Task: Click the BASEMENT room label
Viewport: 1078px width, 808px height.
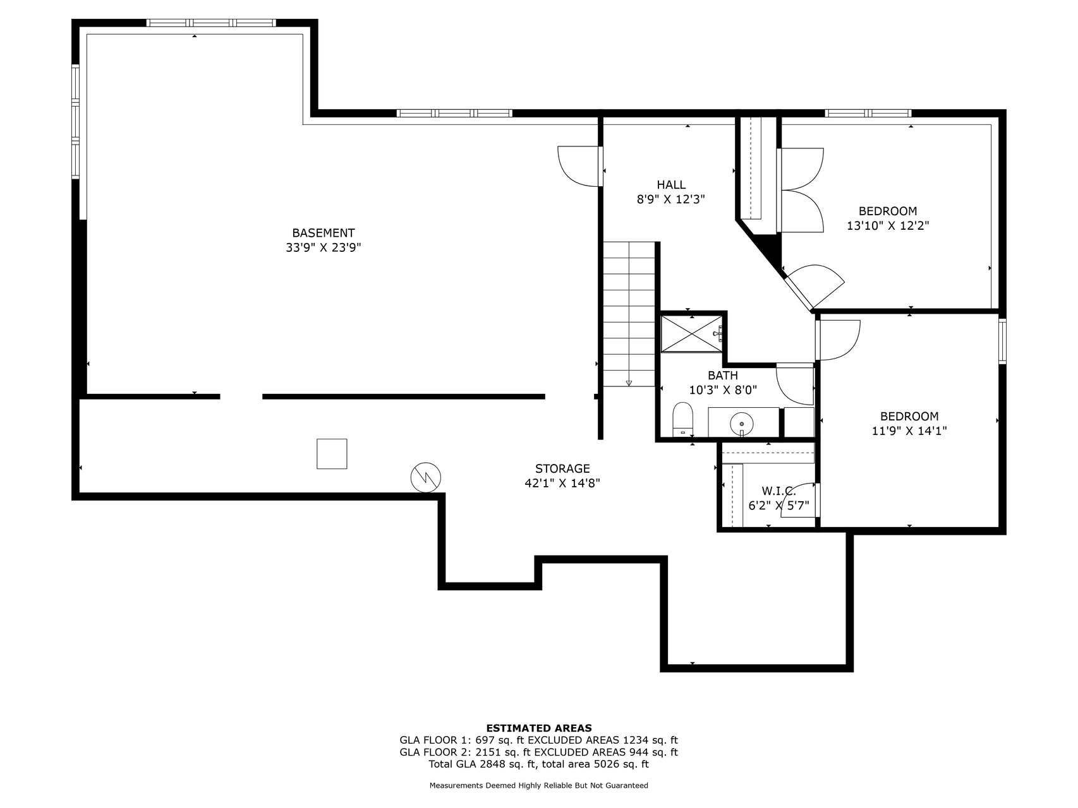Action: [323, 233]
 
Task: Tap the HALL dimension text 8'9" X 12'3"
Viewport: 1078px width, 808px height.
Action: [670, 199]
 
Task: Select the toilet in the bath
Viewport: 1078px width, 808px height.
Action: [682, 419]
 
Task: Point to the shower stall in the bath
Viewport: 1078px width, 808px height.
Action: [691, 333]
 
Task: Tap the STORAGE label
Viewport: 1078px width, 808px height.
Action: [562, 468]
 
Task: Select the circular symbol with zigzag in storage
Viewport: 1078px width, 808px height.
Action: [426, 477]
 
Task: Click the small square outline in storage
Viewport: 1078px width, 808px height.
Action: [332, 454]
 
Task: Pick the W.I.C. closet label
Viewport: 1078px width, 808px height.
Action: [778, 490]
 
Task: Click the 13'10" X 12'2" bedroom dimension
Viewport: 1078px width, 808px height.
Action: [887, 225]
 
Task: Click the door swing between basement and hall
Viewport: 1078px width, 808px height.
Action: [578, 167]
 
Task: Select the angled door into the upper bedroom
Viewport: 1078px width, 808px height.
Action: [815, 285]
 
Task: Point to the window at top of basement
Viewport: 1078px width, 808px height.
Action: [211, 23]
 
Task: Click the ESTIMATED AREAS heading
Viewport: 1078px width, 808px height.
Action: [538, 728]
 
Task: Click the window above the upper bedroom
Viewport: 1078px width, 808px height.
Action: [868, 113]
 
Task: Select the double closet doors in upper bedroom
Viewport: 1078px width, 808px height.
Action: [801, 190]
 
